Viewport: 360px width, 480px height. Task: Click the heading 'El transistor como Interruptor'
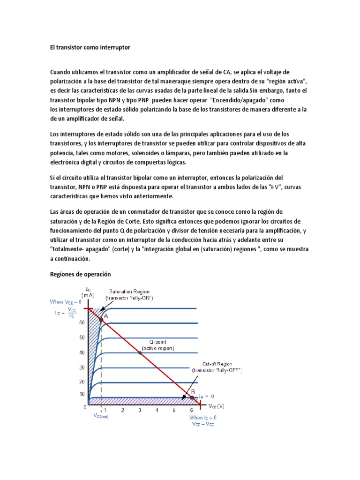click(x=90, y=48)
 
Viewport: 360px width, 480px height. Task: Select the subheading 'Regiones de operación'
click(x=80, y=274)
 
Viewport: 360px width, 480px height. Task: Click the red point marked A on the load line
click(x=101, y=319)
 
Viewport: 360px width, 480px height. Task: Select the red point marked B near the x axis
click(x=192, y=398)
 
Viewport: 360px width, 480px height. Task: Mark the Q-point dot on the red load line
click(x=140, y=352)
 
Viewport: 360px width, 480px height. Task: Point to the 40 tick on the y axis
click(x=82, y=352)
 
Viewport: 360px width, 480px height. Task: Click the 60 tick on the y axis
click(x=82, y=323)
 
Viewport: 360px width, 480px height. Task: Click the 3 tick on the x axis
click(x=140, y=410)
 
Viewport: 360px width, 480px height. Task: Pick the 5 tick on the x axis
click(x=174, y=410)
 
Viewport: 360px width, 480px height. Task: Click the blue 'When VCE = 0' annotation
click(x=66, y=302)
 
